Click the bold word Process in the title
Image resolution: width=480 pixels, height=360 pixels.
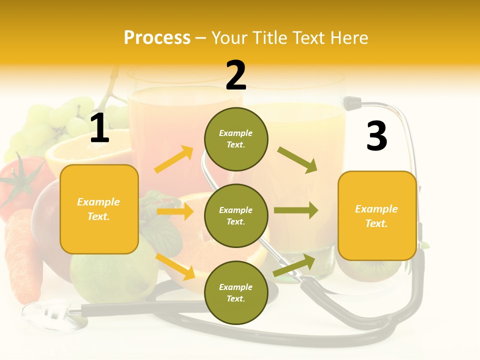[x=157, y=38]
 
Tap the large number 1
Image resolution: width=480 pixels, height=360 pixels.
[x=99, y=129]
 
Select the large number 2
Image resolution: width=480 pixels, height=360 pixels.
[x=236, y=75]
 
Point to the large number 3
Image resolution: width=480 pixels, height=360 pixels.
[x=376, y=136]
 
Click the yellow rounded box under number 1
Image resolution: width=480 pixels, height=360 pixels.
[x=99, y=209]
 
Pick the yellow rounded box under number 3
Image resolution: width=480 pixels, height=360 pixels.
[x=377, y=216]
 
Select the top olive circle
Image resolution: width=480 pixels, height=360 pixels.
[x=236, y=139]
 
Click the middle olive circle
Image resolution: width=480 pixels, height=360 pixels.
[x=236, y=215]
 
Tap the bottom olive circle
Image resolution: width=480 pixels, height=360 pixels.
[x=236, y=292]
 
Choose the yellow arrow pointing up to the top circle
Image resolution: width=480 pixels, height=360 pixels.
[x=174, y=159]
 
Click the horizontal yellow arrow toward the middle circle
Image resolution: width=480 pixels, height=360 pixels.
[x=175, y=211]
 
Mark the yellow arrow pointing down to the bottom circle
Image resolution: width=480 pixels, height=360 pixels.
[x=175, y=266]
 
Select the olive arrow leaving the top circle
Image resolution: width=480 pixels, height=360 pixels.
[x=297, y=160]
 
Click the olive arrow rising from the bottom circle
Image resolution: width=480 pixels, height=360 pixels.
[x=294, y=265]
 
